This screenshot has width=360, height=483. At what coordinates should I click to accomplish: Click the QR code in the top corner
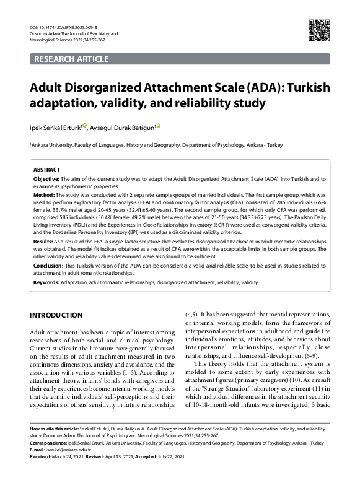click(318, 31)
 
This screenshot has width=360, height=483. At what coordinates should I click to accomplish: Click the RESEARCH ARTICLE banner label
click(71, 59)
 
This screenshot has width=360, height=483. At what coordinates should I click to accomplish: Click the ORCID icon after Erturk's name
click(86, 125)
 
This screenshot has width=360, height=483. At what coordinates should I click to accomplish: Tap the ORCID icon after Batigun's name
click(159, 125)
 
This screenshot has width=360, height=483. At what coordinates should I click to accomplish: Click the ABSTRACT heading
click(46, 169)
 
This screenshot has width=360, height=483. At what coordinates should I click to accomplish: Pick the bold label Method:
click(44, 194)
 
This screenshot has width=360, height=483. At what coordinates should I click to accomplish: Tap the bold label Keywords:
click(47, 282)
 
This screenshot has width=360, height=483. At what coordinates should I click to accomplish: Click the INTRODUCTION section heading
click(56, 315)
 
